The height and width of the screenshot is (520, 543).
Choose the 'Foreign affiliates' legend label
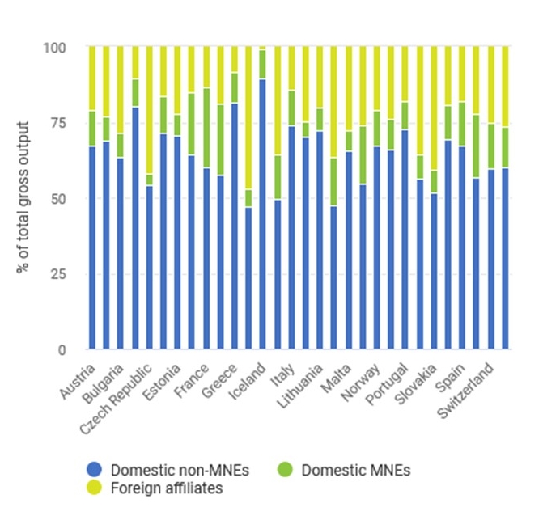(x=155, y=488)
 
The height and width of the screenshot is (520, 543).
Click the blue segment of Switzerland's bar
(x=504, y=259)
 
